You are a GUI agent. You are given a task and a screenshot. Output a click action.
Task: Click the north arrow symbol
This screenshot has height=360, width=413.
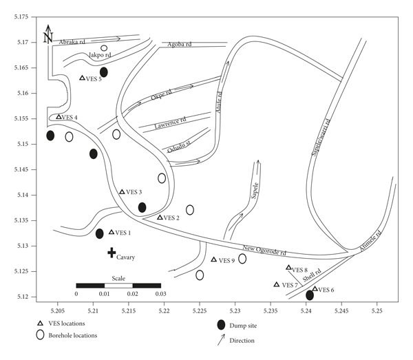pyautogui.click(x=48, y=34)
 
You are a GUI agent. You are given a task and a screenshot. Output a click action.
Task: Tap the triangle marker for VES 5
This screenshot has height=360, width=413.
pyautogui.click(x=82, y=78)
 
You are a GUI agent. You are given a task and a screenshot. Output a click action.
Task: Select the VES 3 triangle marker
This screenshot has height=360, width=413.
pyautogui.click(x=122, y=192)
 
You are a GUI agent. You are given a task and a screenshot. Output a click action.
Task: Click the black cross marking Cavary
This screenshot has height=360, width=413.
pyautogui.click(x=112, y=253)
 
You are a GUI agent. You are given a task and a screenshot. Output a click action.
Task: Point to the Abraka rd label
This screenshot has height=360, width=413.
pyautogui.click(x=72, y=42)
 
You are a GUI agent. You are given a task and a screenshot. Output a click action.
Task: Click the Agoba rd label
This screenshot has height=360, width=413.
pyautogui.click(x=180, y=44)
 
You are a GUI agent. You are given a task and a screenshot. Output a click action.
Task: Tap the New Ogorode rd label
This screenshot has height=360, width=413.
pyautogui.click(x=264, y=250)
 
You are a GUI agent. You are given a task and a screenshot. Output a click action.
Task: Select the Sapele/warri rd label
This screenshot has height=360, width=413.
pyautogui.click(x=321, y=137)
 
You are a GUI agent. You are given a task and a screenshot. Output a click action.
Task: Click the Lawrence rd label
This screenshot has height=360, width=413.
pyautogui.click(x=170, y=123)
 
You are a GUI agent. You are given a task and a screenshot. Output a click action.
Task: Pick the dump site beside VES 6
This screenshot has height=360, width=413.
pyautogui.click(x=310, y=295)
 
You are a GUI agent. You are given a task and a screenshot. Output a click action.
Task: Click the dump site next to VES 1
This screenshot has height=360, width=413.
pyautogui.click(x=99, y=233)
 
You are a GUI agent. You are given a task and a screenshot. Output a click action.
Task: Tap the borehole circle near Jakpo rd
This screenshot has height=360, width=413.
pyautogui.click(x=104, y=48)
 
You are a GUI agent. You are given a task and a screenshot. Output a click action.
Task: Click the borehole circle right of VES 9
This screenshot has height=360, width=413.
pyautogui.click(x=242, y=259)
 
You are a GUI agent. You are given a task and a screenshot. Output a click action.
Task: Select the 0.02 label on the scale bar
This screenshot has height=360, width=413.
pyautogui.click(x=132, y=293)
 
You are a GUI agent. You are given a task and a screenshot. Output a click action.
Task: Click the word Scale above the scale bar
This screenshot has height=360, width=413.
pyautogui.click(x=118, y=278)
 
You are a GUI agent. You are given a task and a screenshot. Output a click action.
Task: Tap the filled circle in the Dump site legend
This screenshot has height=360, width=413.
pyautogui.click(x=221, y=325)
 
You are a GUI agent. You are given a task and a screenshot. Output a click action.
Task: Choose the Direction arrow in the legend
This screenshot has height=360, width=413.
pyautogui.click(x=221, y=340)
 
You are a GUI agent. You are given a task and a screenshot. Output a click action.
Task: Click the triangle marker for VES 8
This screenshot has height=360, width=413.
pyautogui.click(x=288, y=267)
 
